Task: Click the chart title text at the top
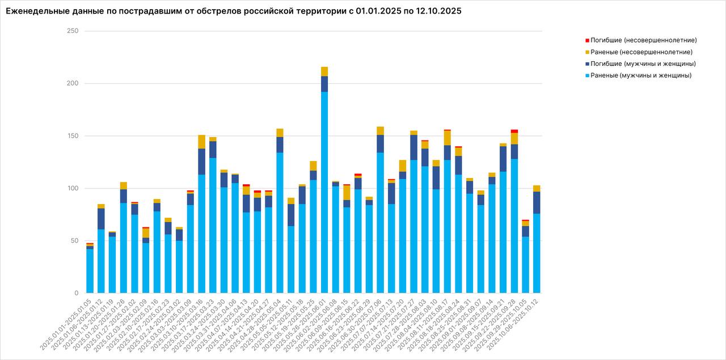(x=234, y=11)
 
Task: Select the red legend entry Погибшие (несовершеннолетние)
(x=643, y=40)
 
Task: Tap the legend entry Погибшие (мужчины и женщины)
(x=643, y=63)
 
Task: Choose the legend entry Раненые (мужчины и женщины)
(x=640, y=75)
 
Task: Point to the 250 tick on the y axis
(x=73, y=31)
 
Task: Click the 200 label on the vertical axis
(x=73, y=83)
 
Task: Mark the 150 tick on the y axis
(x=73, y=136)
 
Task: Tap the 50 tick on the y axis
(x=74, y=241)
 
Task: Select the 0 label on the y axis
(x=76, y=293)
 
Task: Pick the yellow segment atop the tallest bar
(x=324, y=71)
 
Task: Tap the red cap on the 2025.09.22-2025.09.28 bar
(x=514, y=131)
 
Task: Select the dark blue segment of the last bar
(x=537, y=202)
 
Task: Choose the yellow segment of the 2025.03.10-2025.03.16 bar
(x=201, y=142)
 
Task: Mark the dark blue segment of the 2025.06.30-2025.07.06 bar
(x=380, y=144)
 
